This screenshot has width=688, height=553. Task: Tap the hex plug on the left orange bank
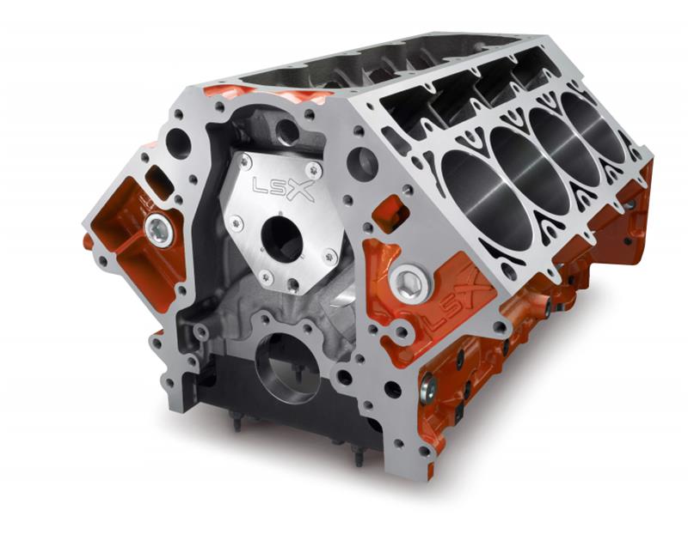pyautogui.click(x=158, y=228)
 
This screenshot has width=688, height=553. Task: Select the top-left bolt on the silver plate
pyautogui.click(x=246, y=163)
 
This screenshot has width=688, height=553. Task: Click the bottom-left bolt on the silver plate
pyautogui.click(x=267, y=276)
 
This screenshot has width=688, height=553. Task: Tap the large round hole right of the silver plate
pyautogui.click(x=362, y=163)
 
